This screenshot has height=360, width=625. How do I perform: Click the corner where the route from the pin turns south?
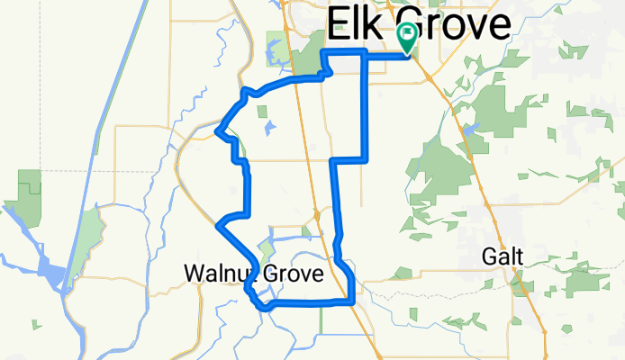click(364, 54)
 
